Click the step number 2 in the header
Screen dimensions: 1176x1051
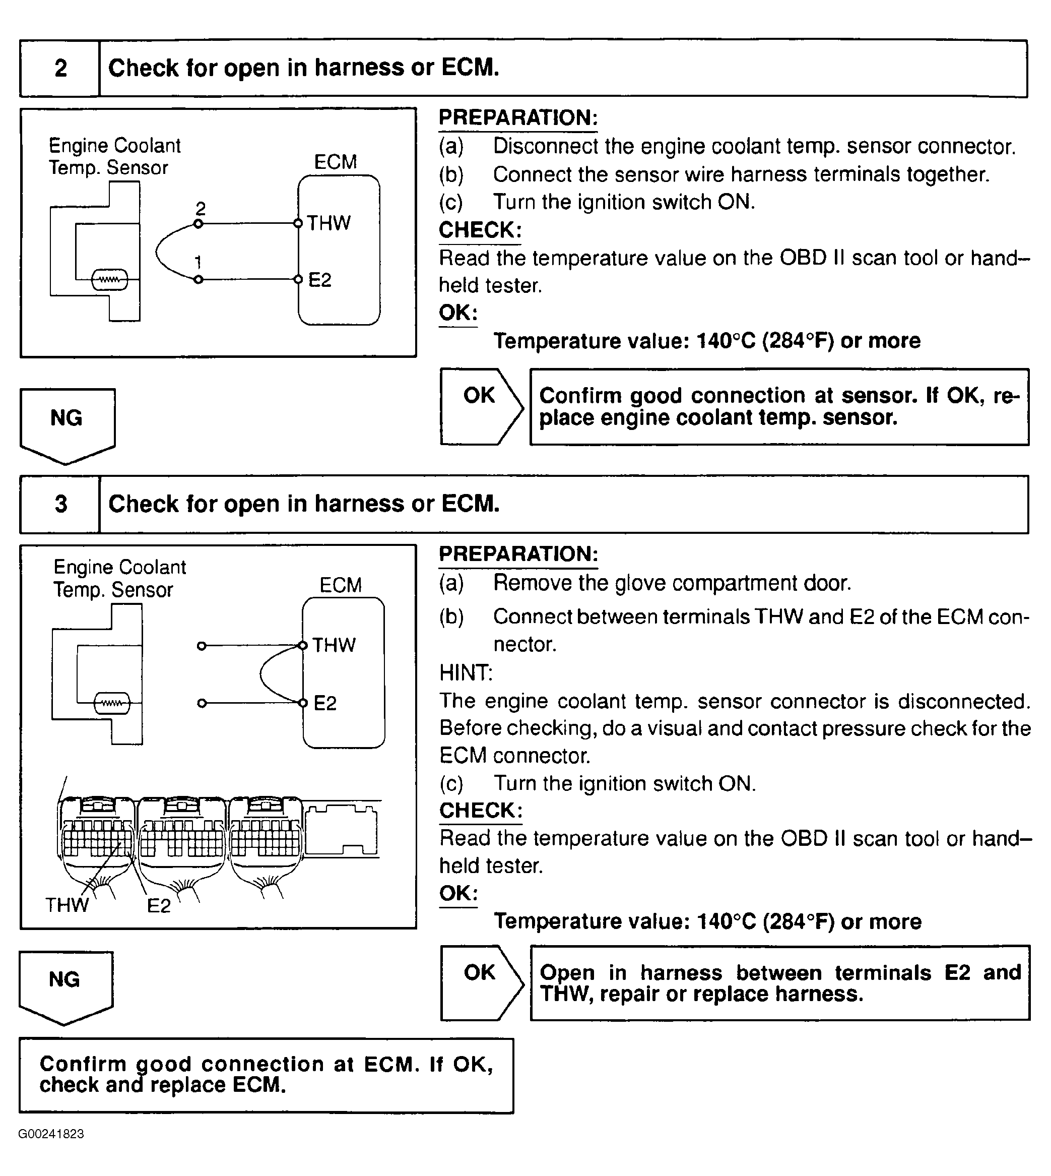click(x=60, y=68)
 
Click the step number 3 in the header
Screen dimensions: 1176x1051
click(x=60, y=504)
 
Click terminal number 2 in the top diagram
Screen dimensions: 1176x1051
click(x=201, y=209)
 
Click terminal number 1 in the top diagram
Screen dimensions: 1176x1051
click(x=198, y=263)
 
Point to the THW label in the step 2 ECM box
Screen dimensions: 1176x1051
click(x=329, y=223)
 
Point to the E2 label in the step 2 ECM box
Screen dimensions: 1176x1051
click(x=320, y=280)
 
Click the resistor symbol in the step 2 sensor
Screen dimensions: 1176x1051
click(x=110, y=280)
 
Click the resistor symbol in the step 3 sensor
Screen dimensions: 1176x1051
click(x=112, y=704)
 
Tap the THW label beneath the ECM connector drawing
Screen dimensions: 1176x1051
click(x=67, y=904)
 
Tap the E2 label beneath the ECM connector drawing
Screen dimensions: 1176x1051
click(x=159, y=905)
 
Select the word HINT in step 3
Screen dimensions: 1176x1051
click(x=466, y=673)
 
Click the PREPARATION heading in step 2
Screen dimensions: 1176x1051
click(x=518, y=118)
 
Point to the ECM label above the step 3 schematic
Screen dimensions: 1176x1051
click(x=341, y=585)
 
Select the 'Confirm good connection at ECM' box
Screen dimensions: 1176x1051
click(x=266, y=1075)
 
